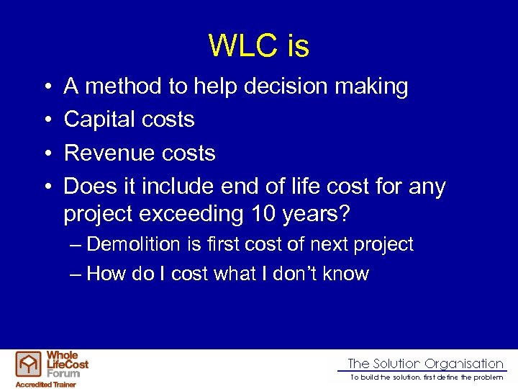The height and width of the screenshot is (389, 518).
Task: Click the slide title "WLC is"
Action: [259, 46]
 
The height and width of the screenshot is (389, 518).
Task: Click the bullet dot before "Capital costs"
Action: [45, 120]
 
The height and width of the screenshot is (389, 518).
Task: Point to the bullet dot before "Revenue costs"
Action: [45, 153]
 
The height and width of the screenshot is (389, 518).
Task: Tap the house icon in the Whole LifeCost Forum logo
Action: [29, 365]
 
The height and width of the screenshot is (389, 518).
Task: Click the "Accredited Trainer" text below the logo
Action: [45, 384]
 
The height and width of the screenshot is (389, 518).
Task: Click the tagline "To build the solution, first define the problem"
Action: [427, 377]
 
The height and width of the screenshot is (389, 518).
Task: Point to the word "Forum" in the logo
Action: [63, 372]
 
